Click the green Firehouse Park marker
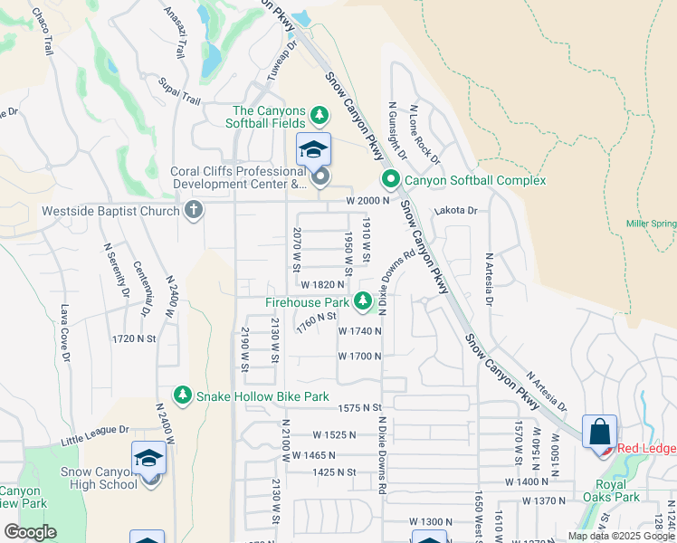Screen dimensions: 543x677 tap(363, 300)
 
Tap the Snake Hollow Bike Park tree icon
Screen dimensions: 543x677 tap(184, 395)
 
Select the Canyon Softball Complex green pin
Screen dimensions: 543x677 tap(390, 179)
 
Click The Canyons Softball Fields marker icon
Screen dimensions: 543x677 tap(319, 115)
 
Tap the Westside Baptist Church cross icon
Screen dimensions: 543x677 tap(192, 211)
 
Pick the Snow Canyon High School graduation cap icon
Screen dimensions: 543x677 tap(148, 459)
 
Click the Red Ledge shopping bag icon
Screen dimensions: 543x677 tap(599, 432)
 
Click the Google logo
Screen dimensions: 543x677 tap(30, 531)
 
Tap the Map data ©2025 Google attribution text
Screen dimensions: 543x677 tap(621, 536)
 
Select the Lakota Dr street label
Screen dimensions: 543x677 tap(454, 210)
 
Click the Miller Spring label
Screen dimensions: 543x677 tap(651, 223)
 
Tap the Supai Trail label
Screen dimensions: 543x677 tap(178, 89)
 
